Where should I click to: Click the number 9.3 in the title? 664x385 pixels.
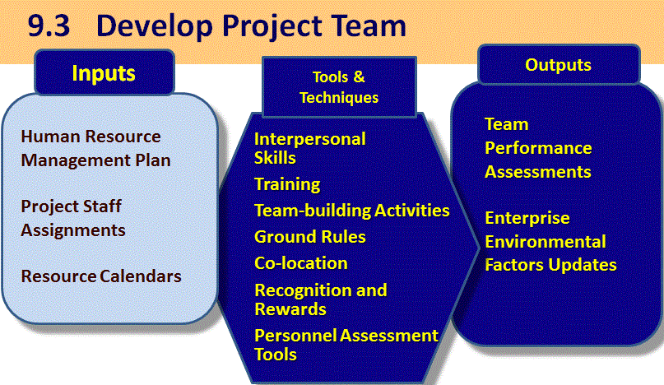(49, 26)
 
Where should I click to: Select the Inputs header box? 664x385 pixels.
(104, 73)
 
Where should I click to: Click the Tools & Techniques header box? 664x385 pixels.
(339, 87)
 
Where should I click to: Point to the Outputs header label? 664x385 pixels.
(558, 65)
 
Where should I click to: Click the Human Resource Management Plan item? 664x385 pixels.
(95, 148)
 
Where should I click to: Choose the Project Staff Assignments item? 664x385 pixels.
(73, 218)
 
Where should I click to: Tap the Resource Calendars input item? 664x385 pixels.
(101, 276)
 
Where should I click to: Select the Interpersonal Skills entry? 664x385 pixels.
(309, 148)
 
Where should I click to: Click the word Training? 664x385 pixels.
(287, 184)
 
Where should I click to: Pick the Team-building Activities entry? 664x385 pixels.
(352, 211)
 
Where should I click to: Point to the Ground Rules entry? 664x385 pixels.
(310, 237)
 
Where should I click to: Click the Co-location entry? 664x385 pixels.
(301, 263)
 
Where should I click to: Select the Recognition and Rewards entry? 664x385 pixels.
(321, 299)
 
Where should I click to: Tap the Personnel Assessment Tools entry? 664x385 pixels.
(346, 345)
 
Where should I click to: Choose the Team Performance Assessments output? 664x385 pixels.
(538, 148)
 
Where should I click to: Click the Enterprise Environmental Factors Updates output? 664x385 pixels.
(550, 241)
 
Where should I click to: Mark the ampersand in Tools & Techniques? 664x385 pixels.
(359, 77)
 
